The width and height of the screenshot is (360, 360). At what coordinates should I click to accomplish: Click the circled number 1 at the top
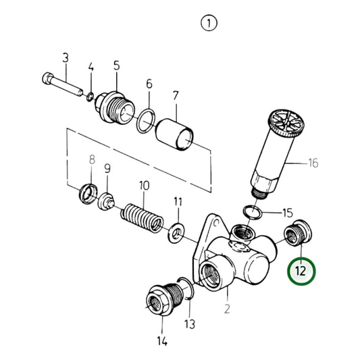pyautogui.click(x=209, y=24)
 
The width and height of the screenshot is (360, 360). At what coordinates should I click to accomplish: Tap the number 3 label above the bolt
pyautogui.click(x=66, y=58)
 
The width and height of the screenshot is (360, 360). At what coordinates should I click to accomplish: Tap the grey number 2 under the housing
pyautogui.click(x=228, y=310)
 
